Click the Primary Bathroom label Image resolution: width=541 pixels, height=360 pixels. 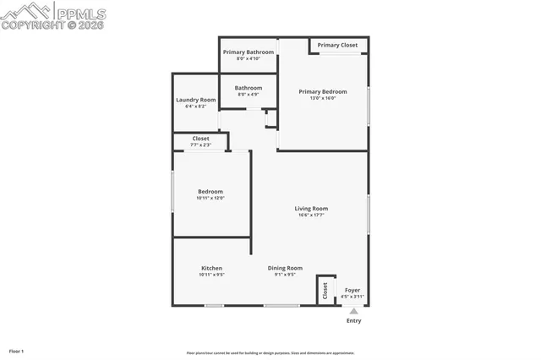[249, 52]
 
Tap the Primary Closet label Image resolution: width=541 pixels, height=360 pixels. [337, 45]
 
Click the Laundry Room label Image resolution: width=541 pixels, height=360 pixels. [195, 100]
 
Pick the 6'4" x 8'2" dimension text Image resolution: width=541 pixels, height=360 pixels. [195, 106]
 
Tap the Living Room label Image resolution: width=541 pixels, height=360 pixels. [311, 208]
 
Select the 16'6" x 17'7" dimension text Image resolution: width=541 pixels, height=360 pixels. [311, 215]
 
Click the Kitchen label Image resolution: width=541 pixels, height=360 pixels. [211, 268]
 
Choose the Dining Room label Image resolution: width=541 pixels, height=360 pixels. [285, 268]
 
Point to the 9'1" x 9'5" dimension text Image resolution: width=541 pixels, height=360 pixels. [285, 275]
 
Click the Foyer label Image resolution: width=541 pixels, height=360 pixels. [352, 290]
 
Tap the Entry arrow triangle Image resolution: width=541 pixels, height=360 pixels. [354, 311]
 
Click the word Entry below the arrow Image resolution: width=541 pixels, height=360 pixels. [354, 321]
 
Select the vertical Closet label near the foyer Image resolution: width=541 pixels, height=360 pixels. [325, 290]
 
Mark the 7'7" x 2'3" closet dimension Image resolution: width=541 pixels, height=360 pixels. [200, 145]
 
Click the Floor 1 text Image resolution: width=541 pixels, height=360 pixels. [16, 351]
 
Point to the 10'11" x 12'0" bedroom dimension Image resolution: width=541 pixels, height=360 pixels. [210, 198]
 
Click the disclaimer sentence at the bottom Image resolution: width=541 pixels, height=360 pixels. [270, 353]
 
